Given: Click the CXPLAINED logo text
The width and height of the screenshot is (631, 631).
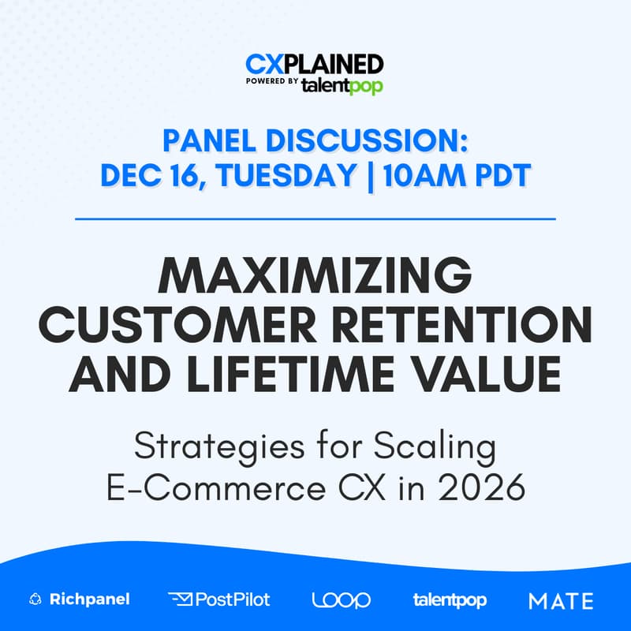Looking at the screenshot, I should click(314, 64).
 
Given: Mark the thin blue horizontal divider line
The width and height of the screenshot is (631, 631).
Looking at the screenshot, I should click(315, 218).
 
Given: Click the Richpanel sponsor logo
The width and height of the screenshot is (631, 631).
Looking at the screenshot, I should click(79, 599).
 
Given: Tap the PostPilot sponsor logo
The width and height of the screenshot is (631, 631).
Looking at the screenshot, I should click(219, 599).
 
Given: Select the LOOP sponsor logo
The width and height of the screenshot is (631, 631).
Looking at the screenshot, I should click(341, 599).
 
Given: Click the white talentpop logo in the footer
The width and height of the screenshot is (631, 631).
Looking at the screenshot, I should click(450, 599).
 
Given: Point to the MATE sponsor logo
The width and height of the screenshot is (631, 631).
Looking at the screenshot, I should click(561, 600).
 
